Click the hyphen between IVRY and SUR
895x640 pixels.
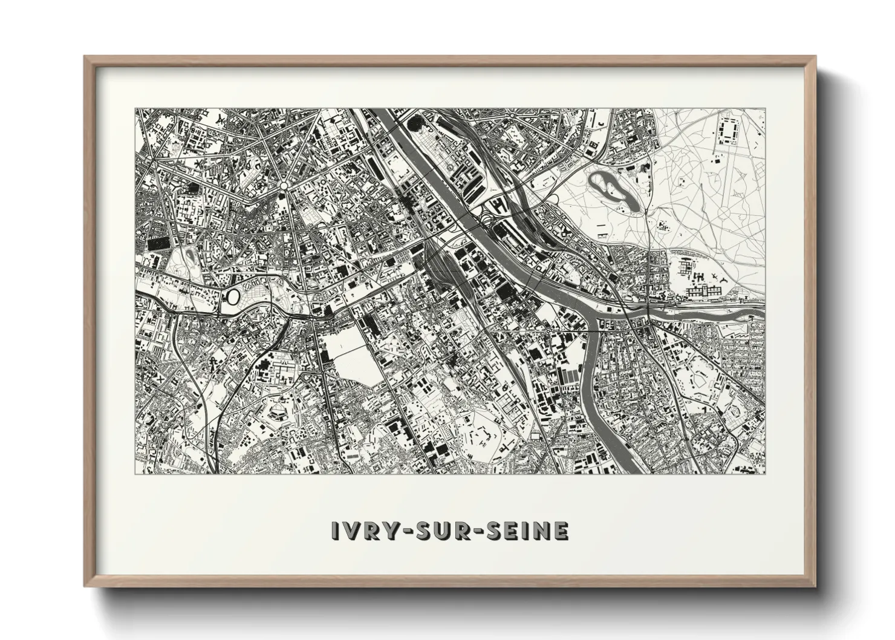pos(404,531)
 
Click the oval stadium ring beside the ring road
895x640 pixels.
pos(233,296)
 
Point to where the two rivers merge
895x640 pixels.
pos(596,315)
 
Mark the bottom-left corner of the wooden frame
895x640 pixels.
pos(85,586)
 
